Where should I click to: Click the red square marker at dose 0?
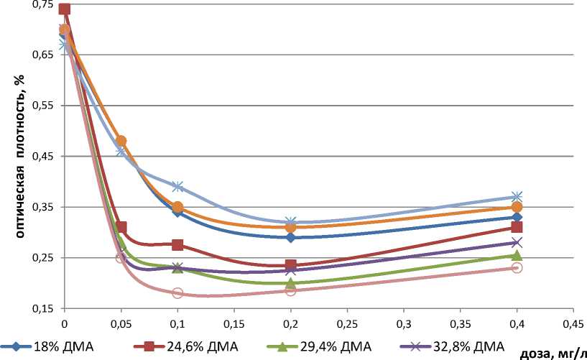click(65, 9)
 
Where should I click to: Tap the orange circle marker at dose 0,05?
click(121, 141)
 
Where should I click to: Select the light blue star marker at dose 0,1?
click(177, 187)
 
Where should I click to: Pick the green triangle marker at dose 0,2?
click(290, 283)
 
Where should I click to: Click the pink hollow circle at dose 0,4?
click(517, 267)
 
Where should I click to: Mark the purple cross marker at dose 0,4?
click(517, 242)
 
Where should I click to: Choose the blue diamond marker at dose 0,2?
click(290, 237)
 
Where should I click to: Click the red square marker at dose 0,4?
click(517, 227)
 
